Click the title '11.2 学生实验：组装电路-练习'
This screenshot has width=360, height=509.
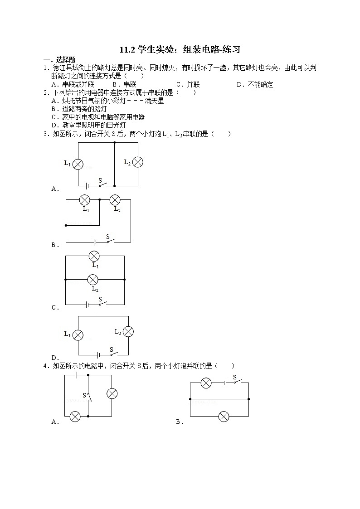point(180,50)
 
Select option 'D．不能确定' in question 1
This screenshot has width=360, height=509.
point(255,84)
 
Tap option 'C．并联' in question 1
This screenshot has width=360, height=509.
point(188,84)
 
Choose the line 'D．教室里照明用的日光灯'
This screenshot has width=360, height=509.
point(88,125)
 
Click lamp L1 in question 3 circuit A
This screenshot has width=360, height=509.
point(78,164)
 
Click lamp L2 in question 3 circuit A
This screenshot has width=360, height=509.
point(137,162)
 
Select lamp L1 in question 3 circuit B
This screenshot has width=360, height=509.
point(84,200)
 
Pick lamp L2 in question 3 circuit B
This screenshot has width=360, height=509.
point(115,200)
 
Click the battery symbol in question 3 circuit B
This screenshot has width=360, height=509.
point(95,242)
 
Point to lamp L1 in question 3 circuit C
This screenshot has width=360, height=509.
point(94,256)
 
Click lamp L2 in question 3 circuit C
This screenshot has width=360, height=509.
point(93,279)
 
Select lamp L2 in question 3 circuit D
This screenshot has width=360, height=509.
point(128,332)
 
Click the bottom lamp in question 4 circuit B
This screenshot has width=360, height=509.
point(224,416)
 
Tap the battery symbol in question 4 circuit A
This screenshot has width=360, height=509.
point(77,375)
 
